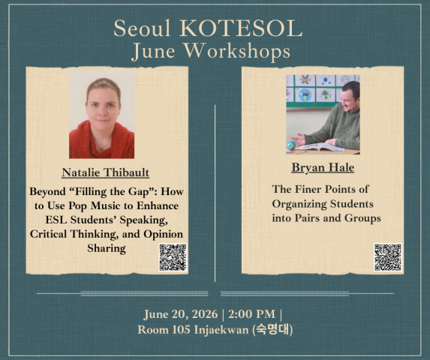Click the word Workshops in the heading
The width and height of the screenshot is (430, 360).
[237, 51]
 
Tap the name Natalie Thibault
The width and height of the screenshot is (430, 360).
[106, 172]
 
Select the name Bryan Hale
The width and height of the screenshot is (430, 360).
[323, 168]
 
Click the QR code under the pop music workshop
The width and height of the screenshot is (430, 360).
[173, 257]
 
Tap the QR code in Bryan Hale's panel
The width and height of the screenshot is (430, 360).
[388, 257]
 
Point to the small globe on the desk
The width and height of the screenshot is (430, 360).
[291, 145]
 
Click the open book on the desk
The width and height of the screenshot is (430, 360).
[321, 147]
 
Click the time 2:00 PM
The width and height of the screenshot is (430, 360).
[251, 314]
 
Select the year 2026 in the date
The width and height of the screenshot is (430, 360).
[205, 314]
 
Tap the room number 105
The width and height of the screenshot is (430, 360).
[181, 329]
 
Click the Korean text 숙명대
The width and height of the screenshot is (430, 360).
[272, 329]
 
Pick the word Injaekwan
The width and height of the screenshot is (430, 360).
[221, 330]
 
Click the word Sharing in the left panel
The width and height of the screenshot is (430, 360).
[107, 248]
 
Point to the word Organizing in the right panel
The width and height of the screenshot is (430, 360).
[299, 205]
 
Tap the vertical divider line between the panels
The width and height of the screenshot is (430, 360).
[215, 193]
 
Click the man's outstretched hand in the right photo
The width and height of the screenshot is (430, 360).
[299, 139]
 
